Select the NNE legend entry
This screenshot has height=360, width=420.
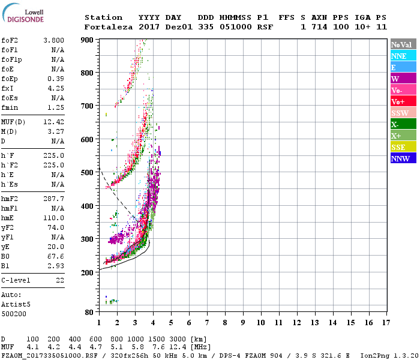(x=403, y=56)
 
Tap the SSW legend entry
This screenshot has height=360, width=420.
(x=403, y=113)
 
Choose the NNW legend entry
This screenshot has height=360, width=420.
(x=403, y=159)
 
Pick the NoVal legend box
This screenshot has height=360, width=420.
(x=403, y=44)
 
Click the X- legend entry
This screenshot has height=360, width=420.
(x=403, y=124)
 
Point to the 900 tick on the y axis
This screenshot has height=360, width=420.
(x=88, y=40)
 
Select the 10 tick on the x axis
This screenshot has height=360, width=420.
(x=260, y=323)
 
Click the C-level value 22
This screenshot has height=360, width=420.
(x=60, y=280)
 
